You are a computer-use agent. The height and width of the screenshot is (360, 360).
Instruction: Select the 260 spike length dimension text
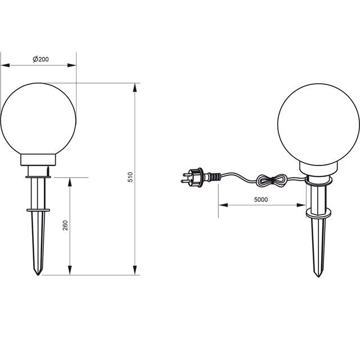[x=65, y=226]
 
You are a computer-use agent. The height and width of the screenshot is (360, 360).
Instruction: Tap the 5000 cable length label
[x=260, y=199]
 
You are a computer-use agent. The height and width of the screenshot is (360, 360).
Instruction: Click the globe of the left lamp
[x=38, y=120]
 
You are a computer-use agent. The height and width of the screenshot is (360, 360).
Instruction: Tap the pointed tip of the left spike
[x=38, y=274]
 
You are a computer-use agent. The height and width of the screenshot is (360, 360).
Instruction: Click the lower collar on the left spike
[x=38, y=211]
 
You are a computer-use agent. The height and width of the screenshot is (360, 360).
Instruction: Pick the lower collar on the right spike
[x=318, y=214]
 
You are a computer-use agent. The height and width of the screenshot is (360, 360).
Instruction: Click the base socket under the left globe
[x=38, y=164]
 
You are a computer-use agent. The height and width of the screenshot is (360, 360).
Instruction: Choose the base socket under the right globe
[x=318, y=167]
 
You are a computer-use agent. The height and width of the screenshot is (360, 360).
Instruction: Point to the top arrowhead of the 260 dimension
[x=70, y=181]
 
